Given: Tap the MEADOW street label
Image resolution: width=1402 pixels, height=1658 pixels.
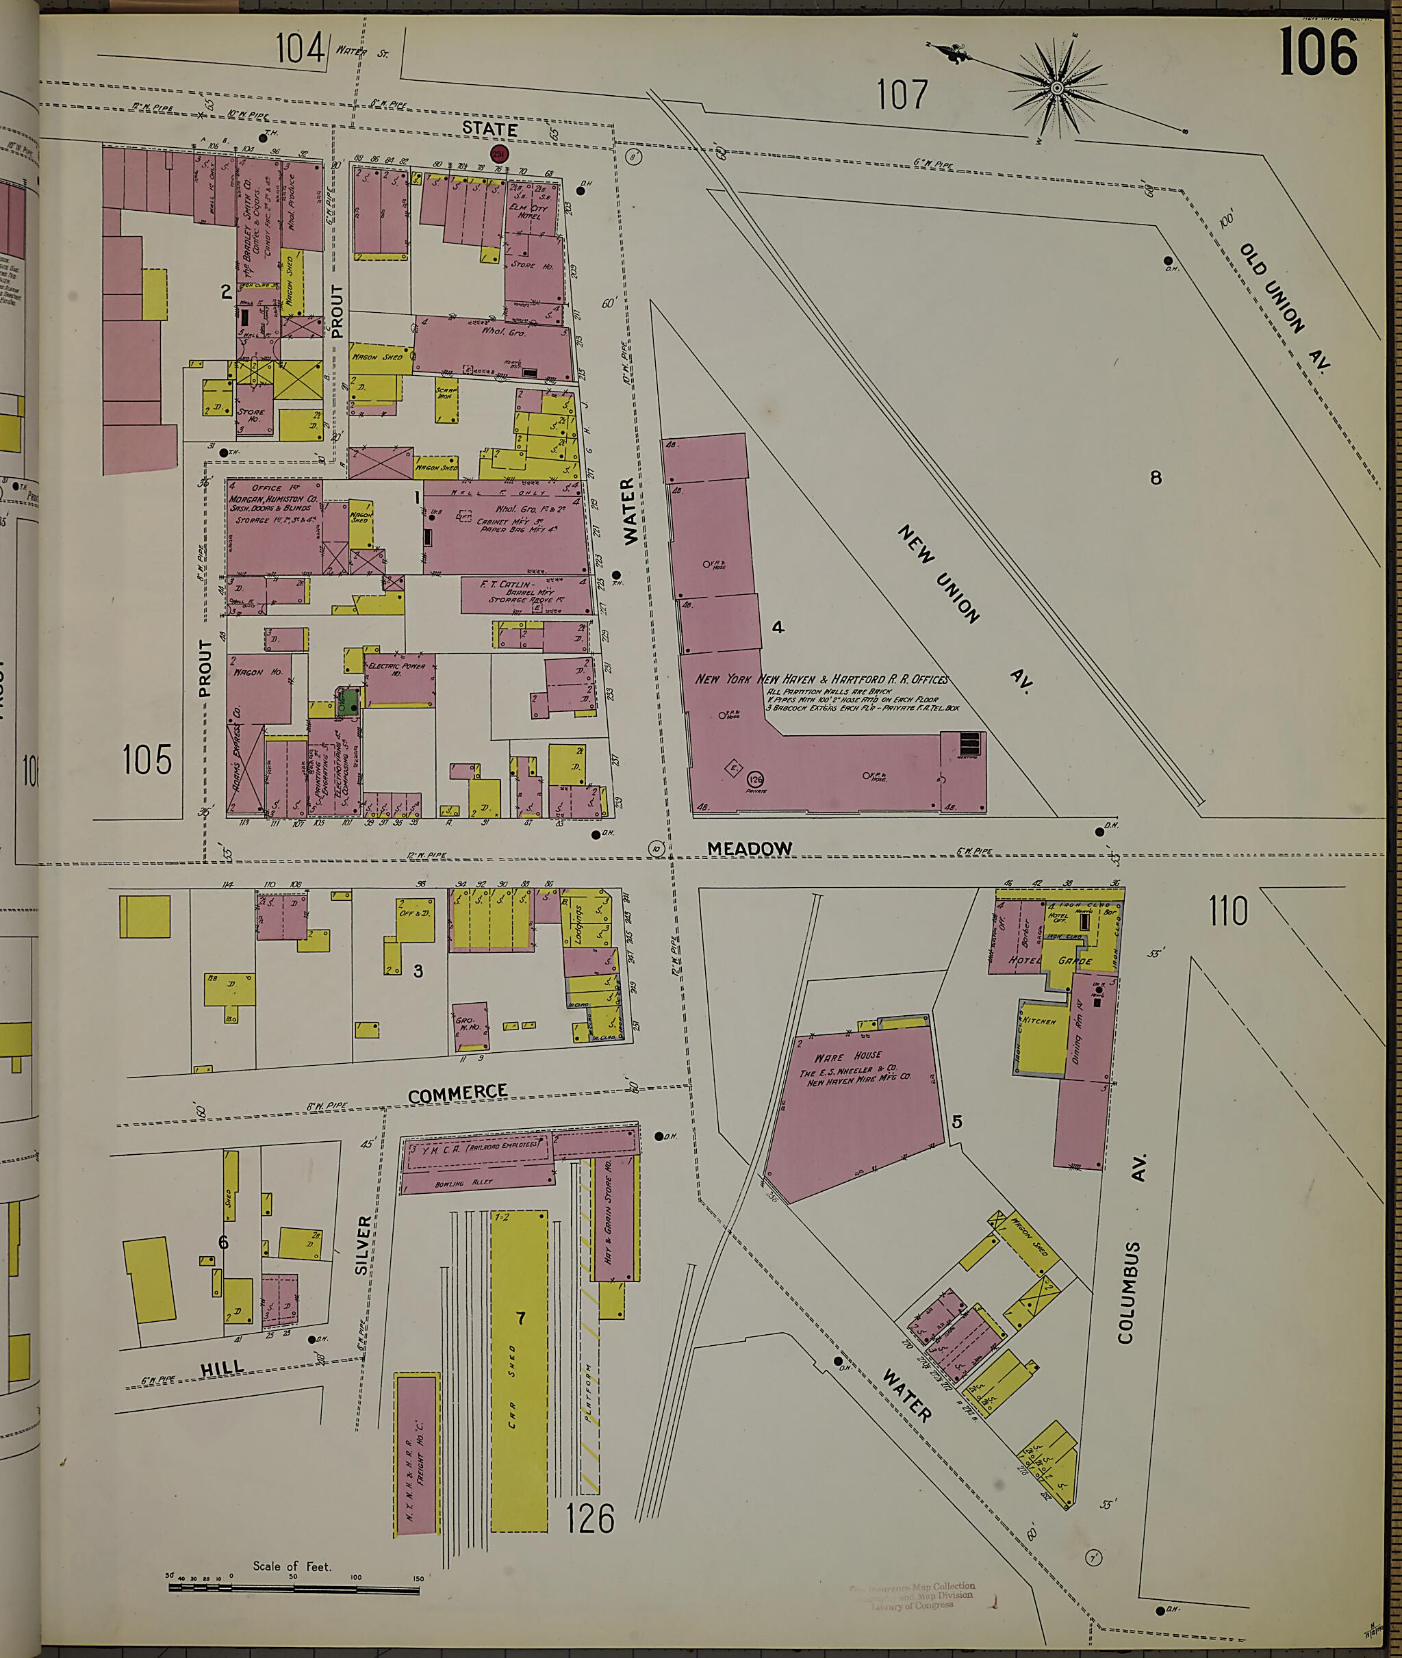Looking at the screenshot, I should click(x=750, y=849).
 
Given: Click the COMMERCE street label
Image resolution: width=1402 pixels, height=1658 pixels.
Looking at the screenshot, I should click(x=457, y=1094).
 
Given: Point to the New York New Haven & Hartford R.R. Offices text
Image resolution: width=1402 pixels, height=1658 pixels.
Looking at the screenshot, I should click(x=821, y=680).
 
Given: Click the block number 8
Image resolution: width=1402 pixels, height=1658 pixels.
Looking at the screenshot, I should click(x=1156, y=478).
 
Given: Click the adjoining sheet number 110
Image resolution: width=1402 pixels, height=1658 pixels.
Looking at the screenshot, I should click(x=1228, y=912).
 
